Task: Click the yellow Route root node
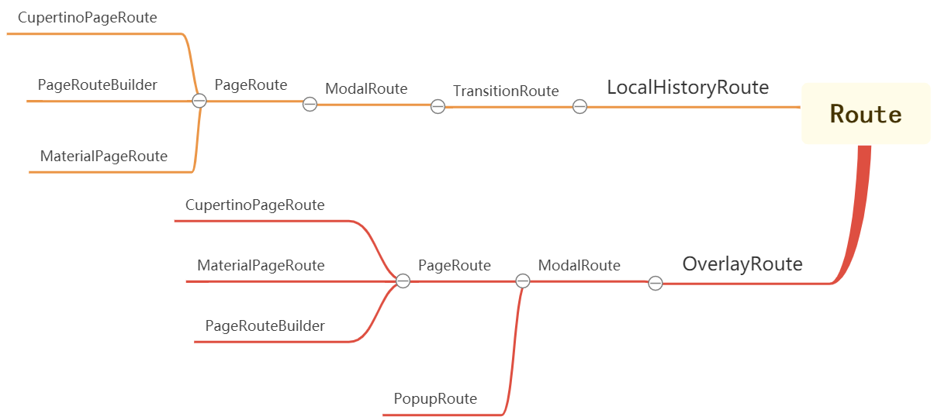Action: (865, 114)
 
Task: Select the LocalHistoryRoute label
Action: (687, 88)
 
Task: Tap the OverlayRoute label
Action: (742, 264)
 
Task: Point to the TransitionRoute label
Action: (506, 91)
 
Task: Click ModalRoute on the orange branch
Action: (366, 89)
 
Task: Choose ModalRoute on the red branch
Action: (579, 266)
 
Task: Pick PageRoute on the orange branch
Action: (251, 85)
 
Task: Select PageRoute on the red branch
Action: (454, 266)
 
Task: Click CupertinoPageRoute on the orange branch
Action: (88, 18)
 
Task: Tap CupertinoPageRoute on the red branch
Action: (254, 205)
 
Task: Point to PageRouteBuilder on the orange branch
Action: (98, 85)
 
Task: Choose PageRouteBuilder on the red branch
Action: (265, 326)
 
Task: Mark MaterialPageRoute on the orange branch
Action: (104, 157)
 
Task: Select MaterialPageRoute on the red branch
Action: (261, 266)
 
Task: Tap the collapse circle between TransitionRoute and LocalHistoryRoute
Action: (579, 107)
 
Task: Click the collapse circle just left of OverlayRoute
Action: (656, 284)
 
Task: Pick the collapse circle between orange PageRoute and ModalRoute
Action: (310, 104)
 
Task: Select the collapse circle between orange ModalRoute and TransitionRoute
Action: (438, 107)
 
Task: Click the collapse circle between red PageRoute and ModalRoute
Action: (523, 281)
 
